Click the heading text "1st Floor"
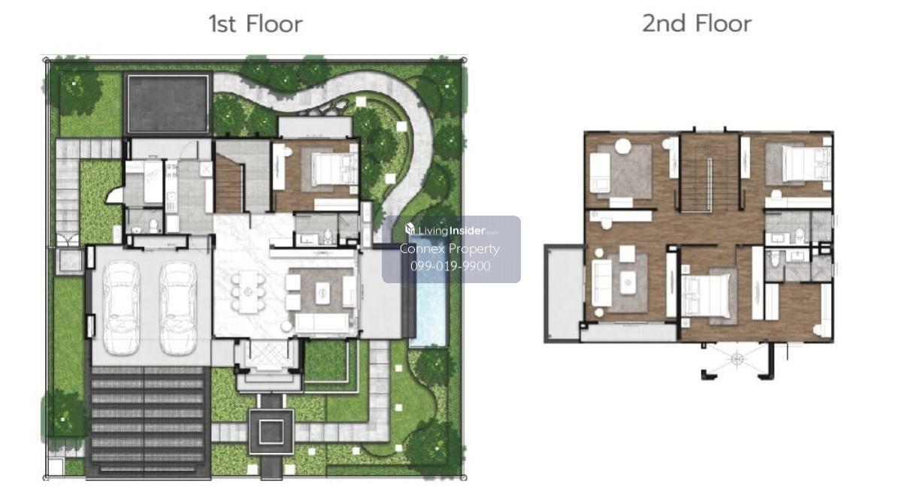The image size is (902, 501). [256, 24]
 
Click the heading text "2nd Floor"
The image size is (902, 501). [697, 24]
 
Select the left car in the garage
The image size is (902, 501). [121, 307]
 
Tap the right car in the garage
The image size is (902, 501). [178, 307]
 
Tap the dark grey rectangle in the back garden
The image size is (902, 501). [168, 104]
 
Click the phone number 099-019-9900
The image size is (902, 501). [450, 266]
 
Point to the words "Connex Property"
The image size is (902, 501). [449, 249]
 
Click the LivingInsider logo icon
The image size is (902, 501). [410, 229]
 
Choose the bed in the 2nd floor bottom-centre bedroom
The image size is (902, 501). [706, 294]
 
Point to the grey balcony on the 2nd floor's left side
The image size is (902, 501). [564, 293]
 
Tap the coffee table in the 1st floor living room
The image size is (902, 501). [322, 293]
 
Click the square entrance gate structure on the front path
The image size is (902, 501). [271, 432]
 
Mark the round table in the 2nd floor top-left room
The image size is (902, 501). [623, 146]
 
